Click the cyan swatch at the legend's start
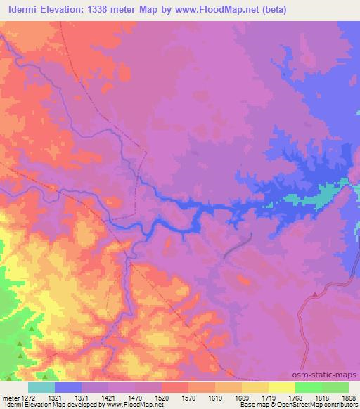(41, 387)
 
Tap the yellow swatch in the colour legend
(281, 387)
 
